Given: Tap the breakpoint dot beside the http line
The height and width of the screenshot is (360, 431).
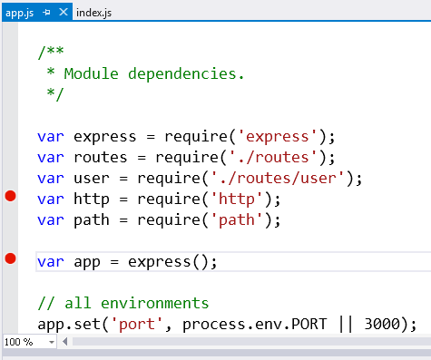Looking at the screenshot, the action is pyautogui.click(x=11, y=199).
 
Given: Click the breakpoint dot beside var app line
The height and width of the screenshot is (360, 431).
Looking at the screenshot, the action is pyautogui.click(x=11, y=260).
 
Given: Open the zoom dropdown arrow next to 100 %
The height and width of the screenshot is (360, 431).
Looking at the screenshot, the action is pyautogui.click(x=51, y=343).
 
